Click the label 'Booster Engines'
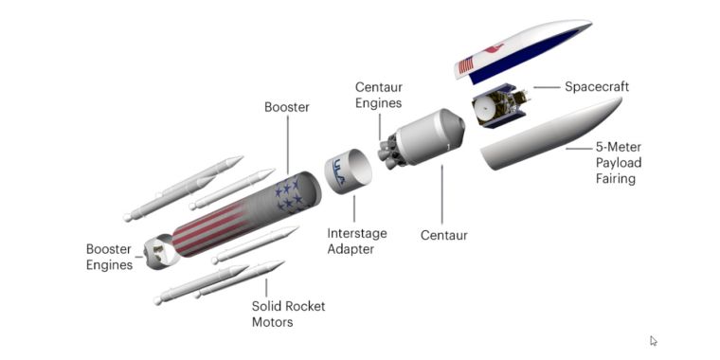tap(110, 257)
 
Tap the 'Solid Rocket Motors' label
tap(285, 314)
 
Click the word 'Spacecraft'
tap(597, 87)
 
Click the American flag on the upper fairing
tap(466, 65)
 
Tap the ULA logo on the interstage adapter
tap(342, 171)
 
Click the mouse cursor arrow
tap(654, 341)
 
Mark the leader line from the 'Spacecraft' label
tap(546, 87)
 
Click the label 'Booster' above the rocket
tap(287, 108)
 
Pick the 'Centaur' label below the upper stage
tap(445, 233)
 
